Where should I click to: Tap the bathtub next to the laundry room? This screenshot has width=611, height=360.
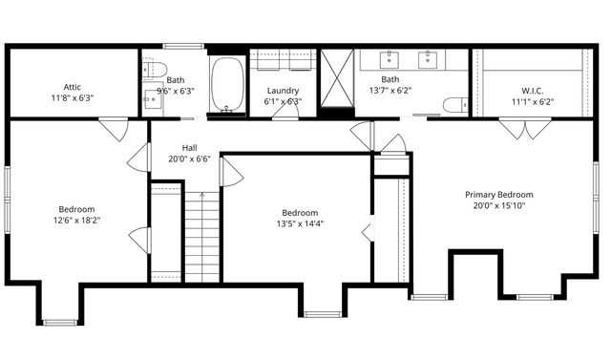(x=227, y=85)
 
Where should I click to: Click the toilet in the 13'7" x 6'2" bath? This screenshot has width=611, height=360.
(x=454, y=105)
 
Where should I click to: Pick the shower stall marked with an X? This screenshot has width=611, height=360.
(x=336, y=80)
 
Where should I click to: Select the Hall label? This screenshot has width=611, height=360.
(x=189, y=148)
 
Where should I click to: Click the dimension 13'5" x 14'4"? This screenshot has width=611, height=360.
(x=300, y=224)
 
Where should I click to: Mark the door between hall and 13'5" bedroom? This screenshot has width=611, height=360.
(x=230, y=172)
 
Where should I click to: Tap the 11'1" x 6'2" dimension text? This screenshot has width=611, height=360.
(x=532, y=101)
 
